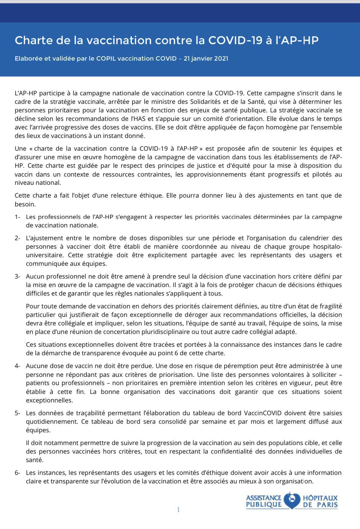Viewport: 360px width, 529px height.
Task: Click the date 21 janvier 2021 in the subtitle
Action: click(206, 58)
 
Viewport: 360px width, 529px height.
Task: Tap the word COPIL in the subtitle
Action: click(106, 58)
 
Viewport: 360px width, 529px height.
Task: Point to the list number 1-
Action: click(17, 217)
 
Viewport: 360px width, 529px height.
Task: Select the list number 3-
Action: click(17, 276)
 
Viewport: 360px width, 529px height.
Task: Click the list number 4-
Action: click(17, 366)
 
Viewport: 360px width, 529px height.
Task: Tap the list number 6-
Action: click(17, 473)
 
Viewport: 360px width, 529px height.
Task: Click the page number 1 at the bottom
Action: click(178, 510)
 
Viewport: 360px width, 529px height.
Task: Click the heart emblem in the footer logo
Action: click(292, 501)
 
